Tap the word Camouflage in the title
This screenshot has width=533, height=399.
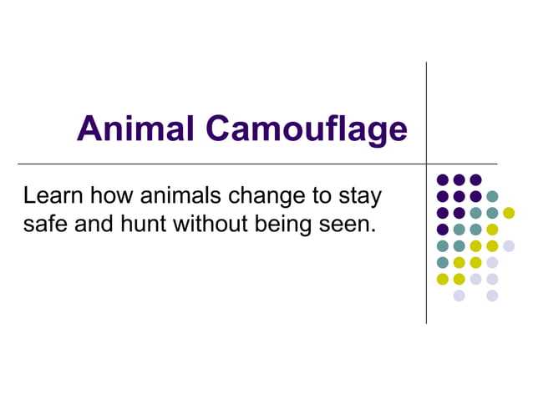tap(307, 130)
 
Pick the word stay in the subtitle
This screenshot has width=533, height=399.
tap(360, 199)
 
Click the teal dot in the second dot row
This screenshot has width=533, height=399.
tap(492, 196)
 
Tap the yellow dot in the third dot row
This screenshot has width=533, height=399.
tap(509, 213)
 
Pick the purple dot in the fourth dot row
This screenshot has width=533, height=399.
tap(443, 230)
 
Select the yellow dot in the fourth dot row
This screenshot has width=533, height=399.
tap(492, 230)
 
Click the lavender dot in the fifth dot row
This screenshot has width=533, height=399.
tap(509, 245)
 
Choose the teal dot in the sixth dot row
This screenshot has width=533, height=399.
tap(443, 262)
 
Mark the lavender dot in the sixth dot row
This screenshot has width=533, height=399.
tap(492, 262)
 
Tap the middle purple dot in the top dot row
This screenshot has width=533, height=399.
tap(459, 179)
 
